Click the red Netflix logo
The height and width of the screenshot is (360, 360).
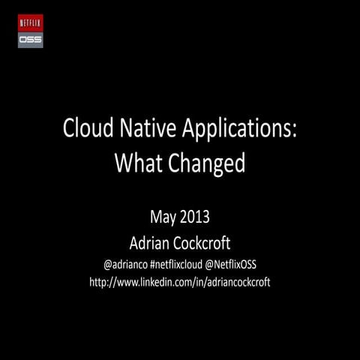(x=31, y=22)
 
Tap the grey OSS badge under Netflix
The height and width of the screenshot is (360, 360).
(x=31, y=39)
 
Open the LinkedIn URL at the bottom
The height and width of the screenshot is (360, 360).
(x=180, y=283)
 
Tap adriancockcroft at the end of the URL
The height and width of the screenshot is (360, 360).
(x=236, y=283)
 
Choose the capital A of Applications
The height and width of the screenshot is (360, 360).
(x=183, y=129)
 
